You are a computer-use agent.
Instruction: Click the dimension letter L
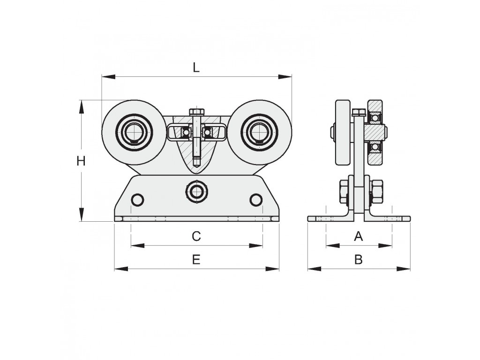point(196,67)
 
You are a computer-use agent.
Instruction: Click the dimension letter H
point(81,161)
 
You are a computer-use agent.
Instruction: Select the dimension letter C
point(196,236)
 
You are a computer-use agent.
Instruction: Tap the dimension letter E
point(196,260)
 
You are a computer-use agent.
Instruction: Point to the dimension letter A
point(358,236)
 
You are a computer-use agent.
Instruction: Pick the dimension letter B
point(358,260)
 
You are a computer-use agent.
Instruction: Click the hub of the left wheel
point(135,132)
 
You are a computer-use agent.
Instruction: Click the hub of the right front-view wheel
point(258,132)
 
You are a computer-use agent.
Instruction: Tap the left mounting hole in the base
point(137,200)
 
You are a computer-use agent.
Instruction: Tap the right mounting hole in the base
point(255,200)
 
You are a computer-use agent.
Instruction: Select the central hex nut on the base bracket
point(196,191)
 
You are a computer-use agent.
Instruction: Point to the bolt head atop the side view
point(359,112)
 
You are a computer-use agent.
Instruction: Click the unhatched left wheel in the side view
point(343,133)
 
